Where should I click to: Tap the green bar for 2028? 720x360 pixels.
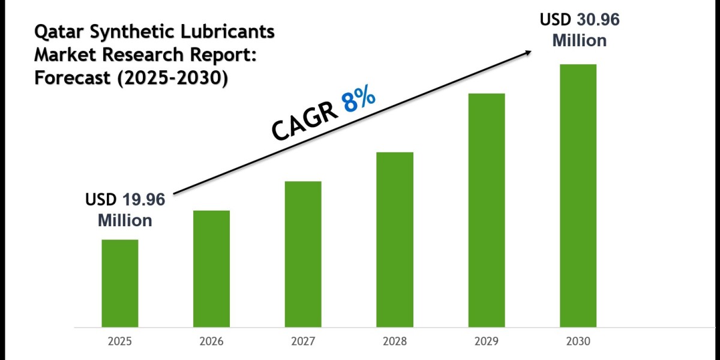[x=395, y=239]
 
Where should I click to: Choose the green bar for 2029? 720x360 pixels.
[x=487, y=210]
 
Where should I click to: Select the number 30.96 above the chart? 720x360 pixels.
[x=598, y=20]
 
